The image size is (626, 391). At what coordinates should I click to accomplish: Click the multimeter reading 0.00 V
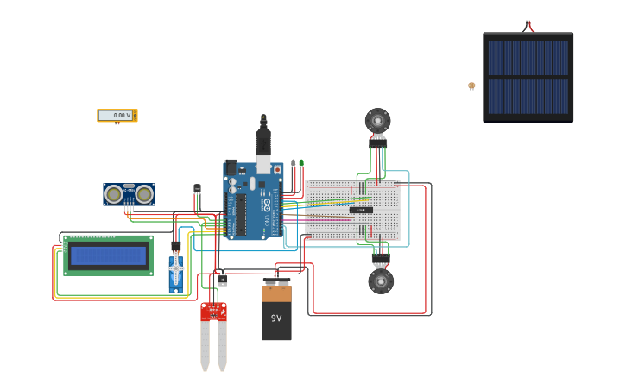[x=117, y=115]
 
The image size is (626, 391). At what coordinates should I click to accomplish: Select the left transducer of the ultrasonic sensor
[x=113, y=194]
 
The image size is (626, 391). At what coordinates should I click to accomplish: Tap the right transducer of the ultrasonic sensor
[x=144, y=194]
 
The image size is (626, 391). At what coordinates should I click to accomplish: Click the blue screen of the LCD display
[x=109, y=255]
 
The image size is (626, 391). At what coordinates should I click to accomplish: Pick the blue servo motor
[x=176, y=271]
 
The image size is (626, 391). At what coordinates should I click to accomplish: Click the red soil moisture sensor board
[x=213, y=311]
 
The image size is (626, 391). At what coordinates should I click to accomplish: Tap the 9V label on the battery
[x=276, y=318]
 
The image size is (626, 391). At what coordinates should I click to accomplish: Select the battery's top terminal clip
[x=276, y=282]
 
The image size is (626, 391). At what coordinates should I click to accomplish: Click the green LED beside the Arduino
[x=300, y=162]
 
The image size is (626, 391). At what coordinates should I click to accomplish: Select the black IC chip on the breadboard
[x=361, y=210]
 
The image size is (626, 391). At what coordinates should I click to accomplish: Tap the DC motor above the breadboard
[x=377, y=121]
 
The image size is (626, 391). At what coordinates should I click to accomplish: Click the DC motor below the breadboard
[x=381, y=281]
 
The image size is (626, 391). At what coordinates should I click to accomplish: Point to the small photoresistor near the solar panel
[x=471, y=85]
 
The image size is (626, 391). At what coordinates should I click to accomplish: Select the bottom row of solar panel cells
[x=528, y=97]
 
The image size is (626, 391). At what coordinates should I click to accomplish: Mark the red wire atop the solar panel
[x=528, y=25]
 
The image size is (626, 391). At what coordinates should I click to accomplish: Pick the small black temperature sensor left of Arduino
[x=197, y=188]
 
